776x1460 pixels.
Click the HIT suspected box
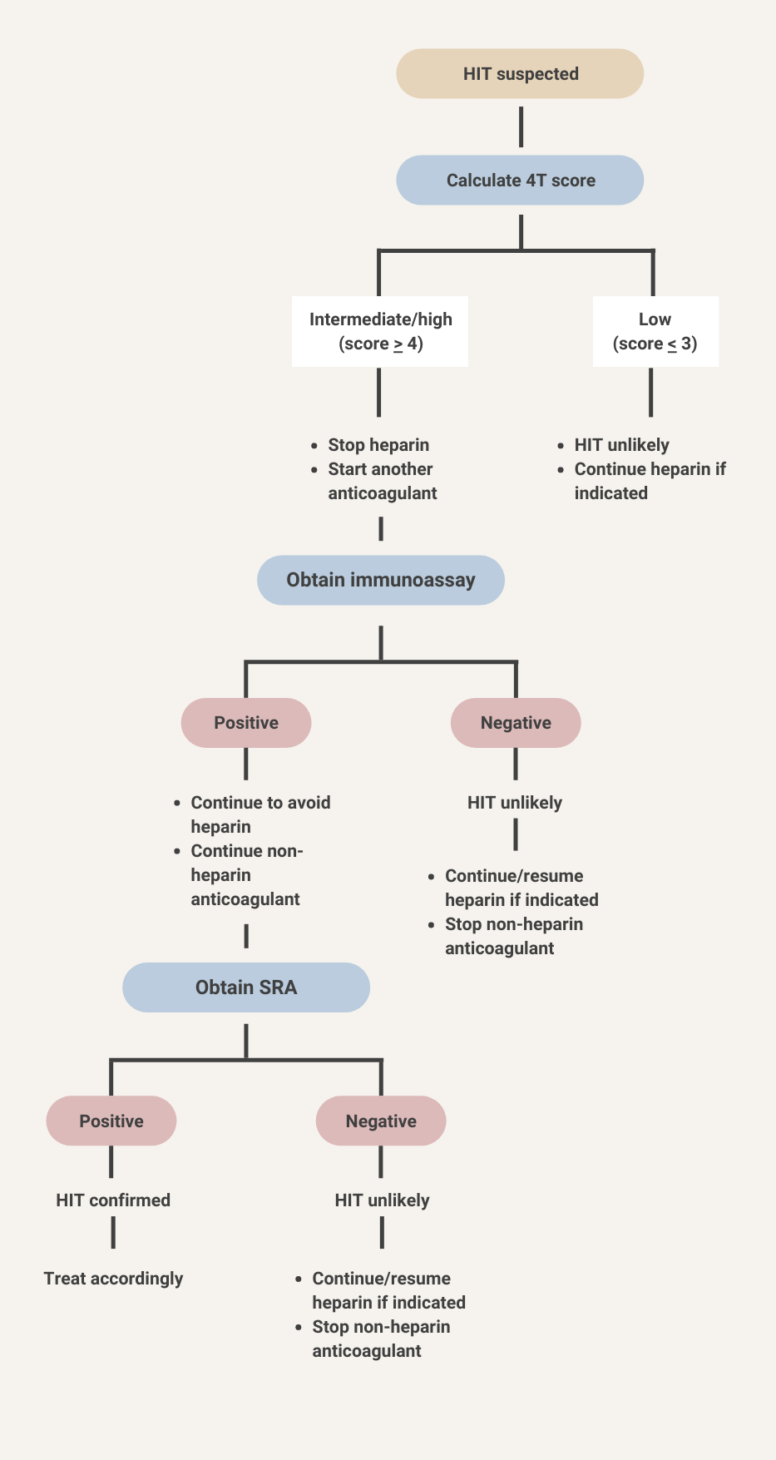(x=520, y=74)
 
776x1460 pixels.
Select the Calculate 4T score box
(x=520, y=181)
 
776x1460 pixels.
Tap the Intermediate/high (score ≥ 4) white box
(x=380, y=331)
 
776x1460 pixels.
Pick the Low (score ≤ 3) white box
(x=655, y=331)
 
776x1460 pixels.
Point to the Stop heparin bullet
(x=378, y=445)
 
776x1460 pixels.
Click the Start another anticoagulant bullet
(x=382, y=481)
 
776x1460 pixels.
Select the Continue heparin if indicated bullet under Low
(x=649, y=481)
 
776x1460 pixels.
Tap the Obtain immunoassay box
(x=380, y=580)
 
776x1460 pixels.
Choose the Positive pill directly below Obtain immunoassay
(x=246, y=723)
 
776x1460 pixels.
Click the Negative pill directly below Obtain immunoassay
(x=516, y=723)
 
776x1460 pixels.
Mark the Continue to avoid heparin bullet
(x=260, y=814)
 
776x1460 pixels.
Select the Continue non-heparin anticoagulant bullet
(x=246, y=875)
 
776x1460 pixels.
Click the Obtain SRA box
(x=246, y=988)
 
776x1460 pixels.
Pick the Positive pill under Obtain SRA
(x=111, y=1122)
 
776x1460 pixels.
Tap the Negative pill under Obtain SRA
(x=381, y=1122)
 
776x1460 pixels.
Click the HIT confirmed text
(x=113, y=1200)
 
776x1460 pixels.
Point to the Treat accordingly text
(x=113, y=1278)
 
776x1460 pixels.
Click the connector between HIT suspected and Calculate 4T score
(x=520, y=127)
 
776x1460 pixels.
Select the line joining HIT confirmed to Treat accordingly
(x=113, y=1234)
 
